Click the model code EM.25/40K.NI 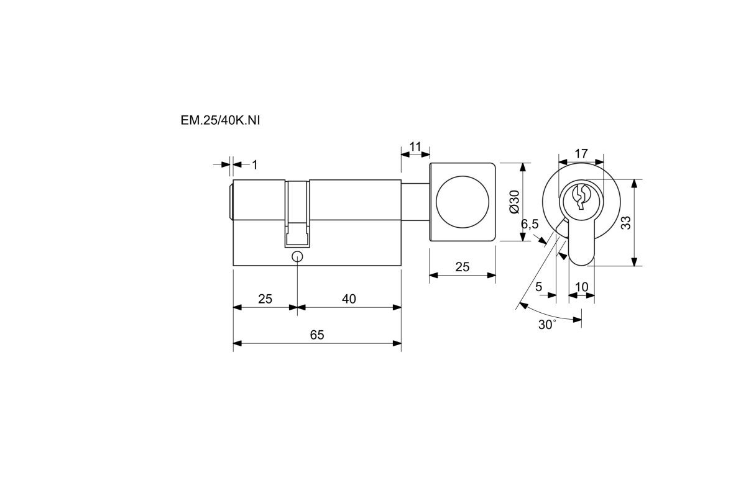220,120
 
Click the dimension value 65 316,335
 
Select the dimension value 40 349,299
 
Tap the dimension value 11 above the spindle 415,146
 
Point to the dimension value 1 255,164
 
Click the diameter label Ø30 515,202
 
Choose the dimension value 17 581,153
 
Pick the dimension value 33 626,223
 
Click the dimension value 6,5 530,225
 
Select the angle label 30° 547,325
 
